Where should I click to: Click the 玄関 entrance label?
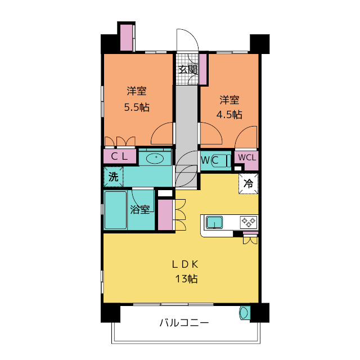[x=188, y=70]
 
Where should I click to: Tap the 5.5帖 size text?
[x=137, y=107]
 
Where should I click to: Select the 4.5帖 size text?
[x=229, y=114]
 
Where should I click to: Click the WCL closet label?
[x=246, y=157]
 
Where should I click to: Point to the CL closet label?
[x=119, y=156]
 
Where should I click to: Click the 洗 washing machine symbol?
[x=113, y=177]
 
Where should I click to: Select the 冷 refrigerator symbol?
[x=248, y=183]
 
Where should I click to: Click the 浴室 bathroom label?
[x=140, y=209]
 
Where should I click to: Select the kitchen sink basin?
[x=214, y=222]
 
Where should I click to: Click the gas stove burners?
[x=248, y=222]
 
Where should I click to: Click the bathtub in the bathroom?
[x=115, y=209]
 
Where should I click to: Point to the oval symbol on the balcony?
[x=244, y=313]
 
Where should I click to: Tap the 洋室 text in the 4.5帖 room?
[x=229, y=100]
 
